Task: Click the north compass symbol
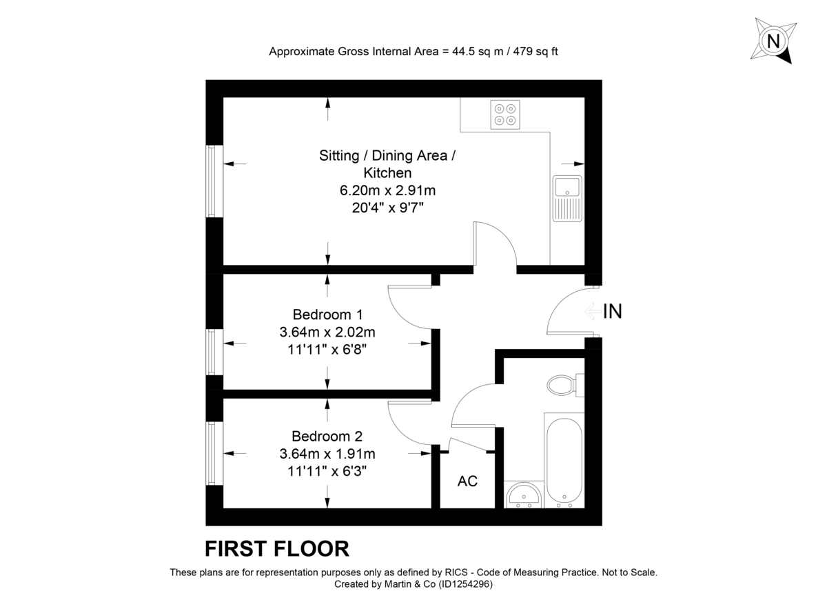(774, 41)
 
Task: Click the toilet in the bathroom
(563, 385)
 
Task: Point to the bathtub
(564, 461)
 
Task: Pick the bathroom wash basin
(523, 495)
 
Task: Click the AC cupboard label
(467, 481)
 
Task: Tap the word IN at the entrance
(612, 312)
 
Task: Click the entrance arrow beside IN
(592, 312)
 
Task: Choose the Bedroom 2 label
(327, 436)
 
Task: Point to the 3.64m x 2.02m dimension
(327, 332)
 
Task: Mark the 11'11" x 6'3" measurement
(327, 472)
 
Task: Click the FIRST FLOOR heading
(277, 548)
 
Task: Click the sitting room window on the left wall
(214, 181)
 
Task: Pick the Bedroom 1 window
(214, 352)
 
